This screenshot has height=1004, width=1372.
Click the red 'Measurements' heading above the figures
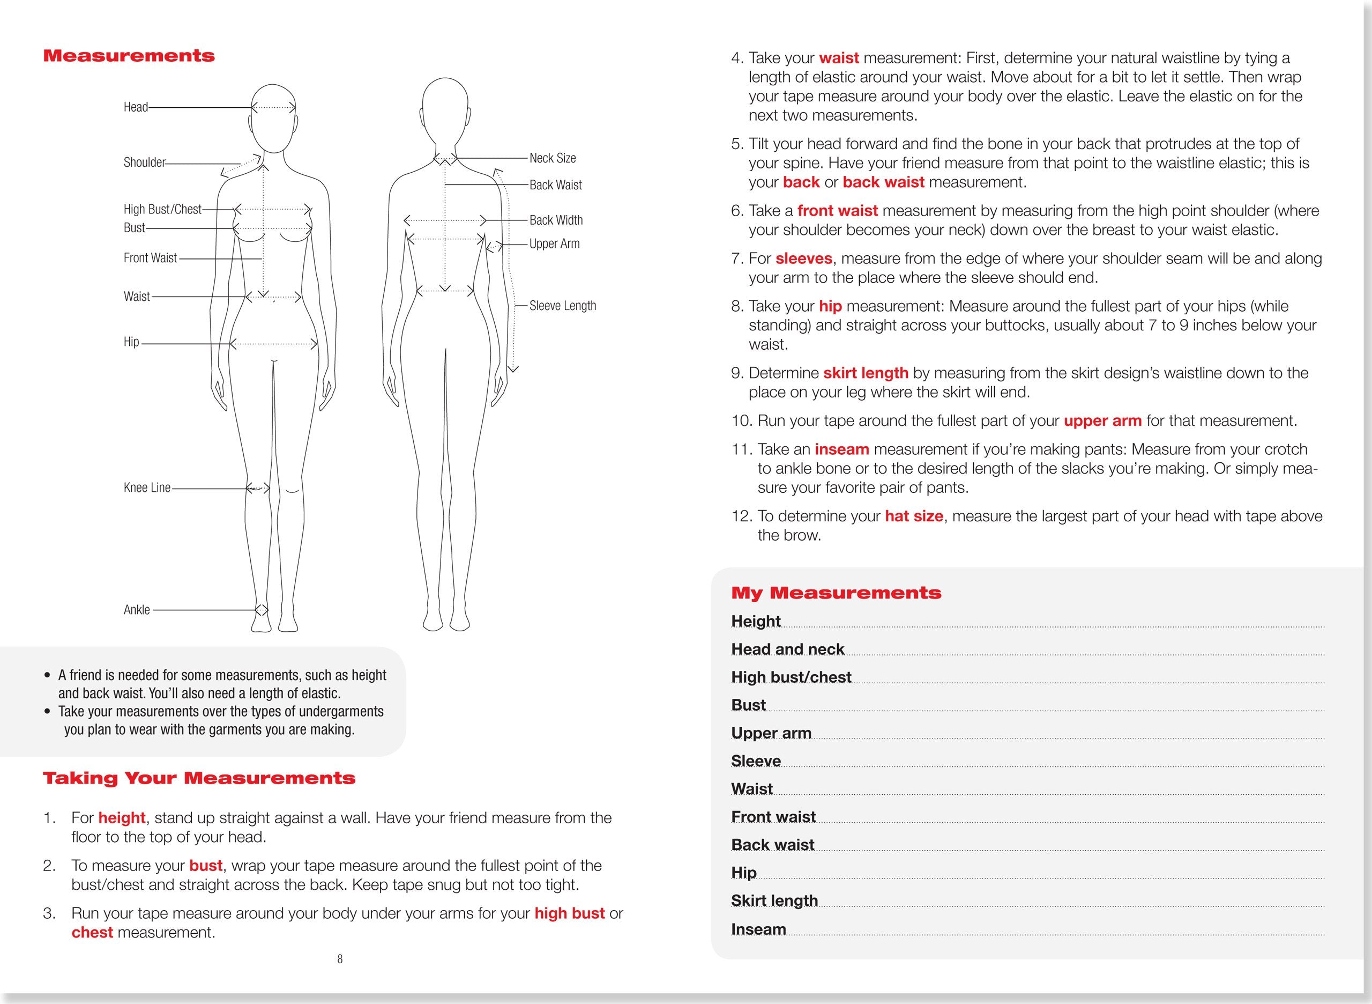tap(129, 56)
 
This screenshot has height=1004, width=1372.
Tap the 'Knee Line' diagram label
tap(147, 488)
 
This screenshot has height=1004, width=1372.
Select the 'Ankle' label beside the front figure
tap(137, 610)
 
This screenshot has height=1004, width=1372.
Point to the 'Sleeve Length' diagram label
tap(562, 306)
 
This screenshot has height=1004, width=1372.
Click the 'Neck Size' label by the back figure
tap(552, 158)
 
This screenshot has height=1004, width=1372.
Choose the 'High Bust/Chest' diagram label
tap(162, 210)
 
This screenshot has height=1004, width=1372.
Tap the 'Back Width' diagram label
tap(556, 220)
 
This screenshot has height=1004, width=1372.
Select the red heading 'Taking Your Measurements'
tap(199, 779)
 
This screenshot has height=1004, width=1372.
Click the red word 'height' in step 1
tap(122, 818)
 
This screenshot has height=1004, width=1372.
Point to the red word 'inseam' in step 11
tap(842, 450)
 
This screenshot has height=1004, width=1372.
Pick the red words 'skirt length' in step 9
tap(866, 373)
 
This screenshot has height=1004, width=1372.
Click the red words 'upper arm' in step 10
tap(1102, 421)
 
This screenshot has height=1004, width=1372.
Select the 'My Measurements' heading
tap(836, 593)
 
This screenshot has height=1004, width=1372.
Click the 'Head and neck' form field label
tap(787, 649)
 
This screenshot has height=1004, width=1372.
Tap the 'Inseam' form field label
tap(758, 930)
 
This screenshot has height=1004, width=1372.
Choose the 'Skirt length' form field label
tap(774, 901)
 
